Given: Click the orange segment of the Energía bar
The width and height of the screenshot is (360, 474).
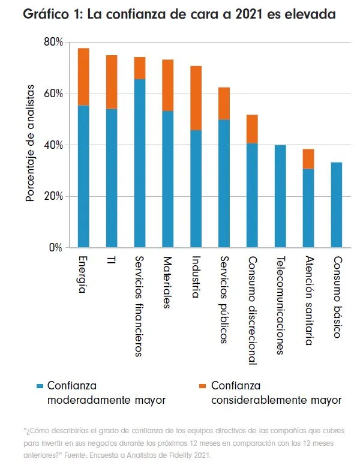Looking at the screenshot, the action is [x=83, y=77].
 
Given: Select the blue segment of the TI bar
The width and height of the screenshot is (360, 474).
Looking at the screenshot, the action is [x=112, y=178].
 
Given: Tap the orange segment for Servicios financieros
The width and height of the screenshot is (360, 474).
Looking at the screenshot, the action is [x=140, y=68].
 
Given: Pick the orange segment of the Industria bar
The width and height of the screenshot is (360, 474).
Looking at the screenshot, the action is [x=196, y=98].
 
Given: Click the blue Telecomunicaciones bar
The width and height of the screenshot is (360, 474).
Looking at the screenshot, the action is [x=280, y=196].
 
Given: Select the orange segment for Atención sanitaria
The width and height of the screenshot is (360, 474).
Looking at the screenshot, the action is [x=308, y=159].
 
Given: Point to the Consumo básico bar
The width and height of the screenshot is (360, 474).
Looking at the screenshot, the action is [x=337, y=205].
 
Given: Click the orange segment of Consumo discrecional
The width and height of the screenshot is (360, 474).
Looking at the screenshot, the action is [x=252, y=129].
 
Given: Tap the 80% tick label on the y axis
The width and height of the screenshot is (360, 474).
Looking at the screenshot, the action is [x=53, y=42].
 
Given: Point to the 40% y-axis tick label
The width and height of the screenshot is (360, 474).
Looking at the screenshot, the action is [x=53, y=145].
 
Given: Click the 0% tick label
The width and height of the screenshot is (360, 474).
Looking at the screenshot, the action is [x=56, y=248].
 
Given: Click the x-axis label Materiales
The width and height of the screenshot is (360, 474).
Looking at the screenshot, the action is [x=167, y=283].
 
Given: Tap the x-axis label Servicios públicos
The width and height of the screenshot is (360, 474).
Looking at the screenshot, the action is [x=224, y=300].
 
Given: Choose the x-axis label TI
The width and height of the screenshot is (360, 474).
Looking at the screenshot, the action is [x=111, y=260].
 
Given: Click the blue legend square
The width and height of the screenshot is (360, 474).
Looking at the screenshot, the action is [x=40, y=386].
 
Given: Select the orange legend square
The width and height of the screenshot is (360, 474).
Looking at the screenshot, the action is [x=203, y=386].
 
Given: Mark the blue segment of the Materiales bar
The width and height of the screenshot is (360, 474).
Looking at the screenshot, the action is [x=168, y=179].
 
